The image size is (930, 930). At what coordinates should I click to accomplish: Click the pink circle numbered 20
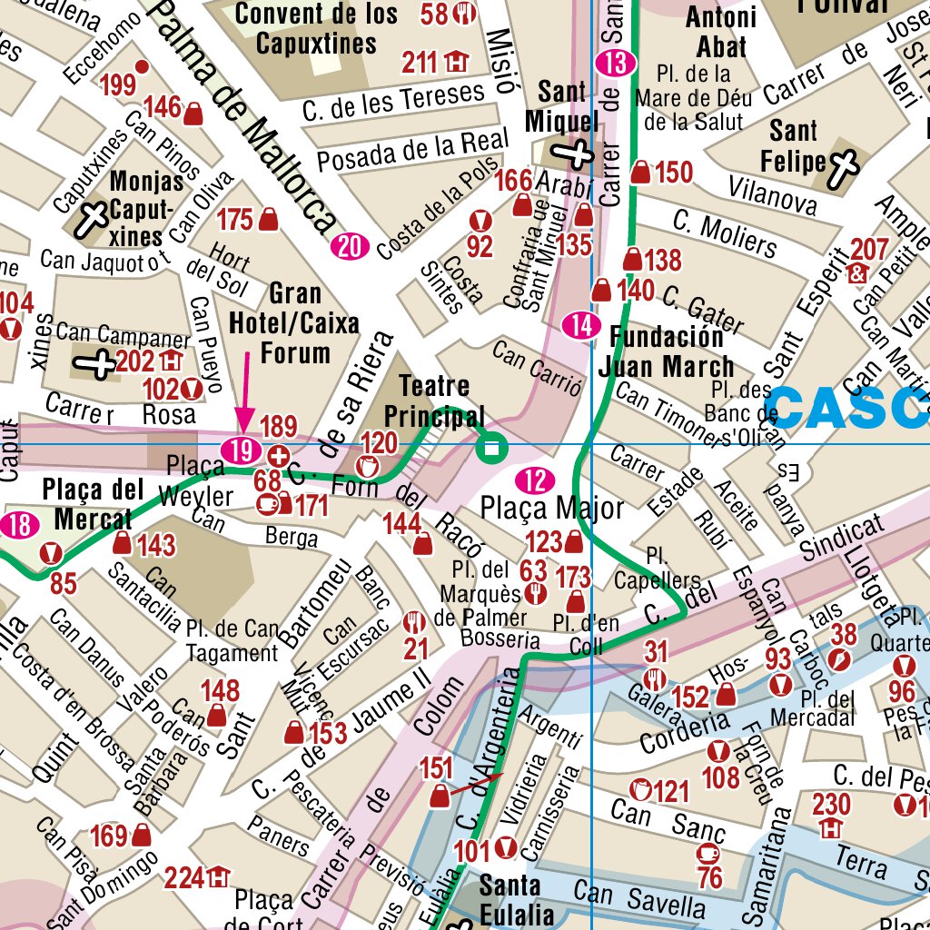[x=350, y=245]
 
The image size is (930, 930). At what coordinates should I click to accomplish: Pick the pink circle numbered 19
[x=241, y=449]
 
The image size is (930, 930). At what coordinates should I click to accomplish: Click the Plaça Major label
[x=551, y=508]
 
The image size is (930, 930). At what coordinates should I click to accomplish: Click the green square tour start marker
[x=492, y=447]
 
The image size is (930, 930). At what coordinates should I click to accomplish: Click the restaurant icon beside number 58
[x=465, y=13]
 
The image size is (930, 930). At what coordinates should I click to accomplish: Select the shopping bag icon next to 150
[x=641, y=172]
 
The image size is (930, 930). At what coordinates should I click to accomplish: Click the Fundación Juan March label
[x=666, y=351]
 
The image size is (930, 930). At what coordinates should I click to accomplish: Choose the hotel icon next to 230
[x=830, y=828]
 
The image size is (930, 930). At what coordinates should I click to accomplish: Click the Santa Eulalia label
[x=510, y=898]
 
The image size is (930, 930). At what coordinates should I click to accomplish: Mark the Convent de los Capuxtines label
[x=316, y=28]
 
